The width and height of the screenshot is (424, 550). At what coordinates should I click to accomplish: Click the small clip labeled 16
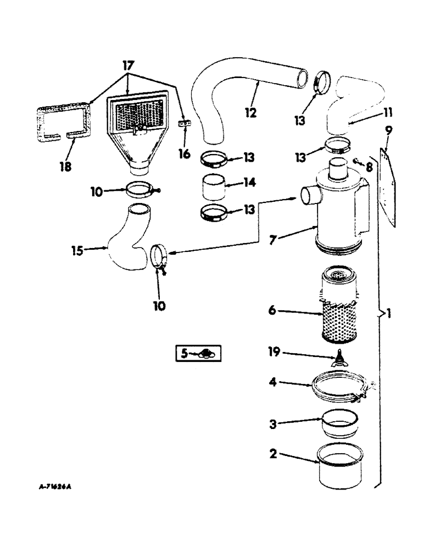point(185,126)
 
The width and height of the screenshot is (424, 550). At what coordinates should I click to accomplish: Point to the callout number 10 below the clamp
point(159,304)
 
